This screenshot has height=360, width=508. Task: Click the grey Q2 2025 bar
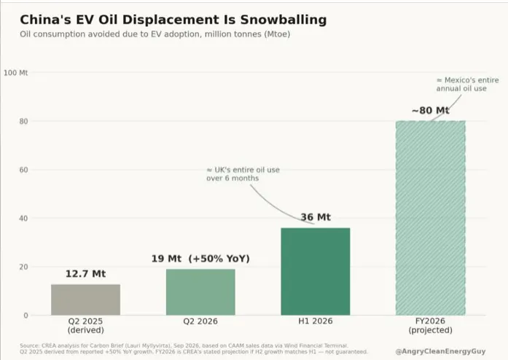pos(85,300)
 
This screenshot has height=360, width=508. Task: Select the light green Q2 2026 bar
pos(200,292)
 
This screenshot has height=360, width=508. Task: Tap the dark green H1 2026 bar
pos(316,272)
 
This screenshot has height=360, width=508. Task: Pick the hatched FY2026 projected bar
pos(431,218)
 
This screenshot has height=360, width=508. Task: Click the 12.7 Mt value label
pos(85,274)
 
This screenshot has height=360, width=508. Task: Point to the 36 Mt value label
pos(316,217)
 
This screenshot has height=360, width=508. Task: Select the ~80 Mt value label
pos(431,111)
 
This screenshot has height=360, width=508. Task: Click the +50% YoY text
pos(219,259)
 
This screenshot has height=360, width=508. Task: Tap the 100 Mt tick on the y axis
pos(15,73)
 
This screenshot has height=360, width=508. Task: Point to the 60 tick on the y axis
pos(23,170)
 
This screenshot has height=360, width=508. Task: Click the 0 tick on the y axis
pos(26,316)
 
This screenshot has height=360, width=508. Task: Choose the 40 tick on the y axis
pos(23,219)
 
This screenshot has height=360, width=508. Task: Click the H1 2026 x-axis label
pos(316,321)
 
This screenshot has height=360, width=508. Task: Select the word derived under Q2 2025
pos(85,330)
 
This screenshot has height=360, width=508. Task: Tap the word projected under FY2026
pos(431,330)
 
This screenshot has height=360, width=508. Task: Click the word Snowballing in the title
pos(284,20)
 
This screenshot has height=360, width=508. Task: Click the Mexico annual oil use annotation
pos(467,85)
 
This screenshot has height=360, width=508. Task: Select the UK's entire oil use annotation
pos(243,174)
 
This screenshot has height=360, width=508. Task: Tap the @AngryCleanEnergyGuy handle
pos(441,351)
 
